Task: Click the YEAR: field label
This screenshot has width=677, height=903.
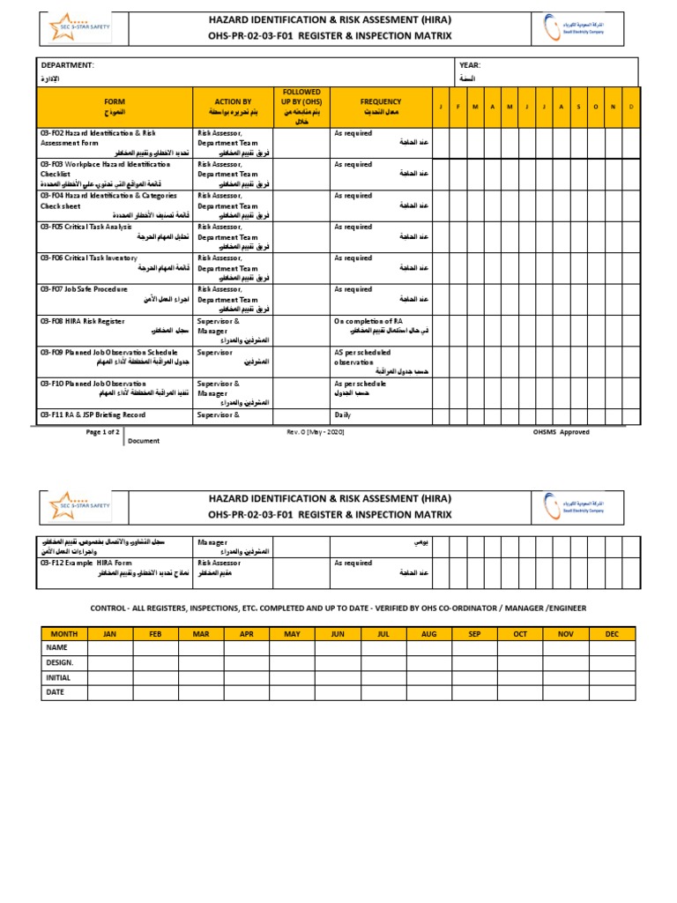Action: [470, 65]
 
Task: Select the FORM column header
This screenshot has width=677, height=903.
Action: [115, 102]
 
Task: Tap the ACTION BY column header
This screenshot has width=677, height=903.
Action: [233, 102]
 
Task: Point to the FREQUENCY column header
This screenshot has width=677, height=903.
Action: [380, 102]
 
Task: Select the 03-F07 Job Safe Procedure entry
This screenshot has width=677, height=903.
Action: [84, 289]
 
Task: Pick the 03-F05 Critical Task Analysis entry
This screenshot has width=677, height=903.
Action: [86, 227]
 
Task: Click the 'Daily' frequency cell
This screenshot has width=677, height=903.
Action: [343, 414]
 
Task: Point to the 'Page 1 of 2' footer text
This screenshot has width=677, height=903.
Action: [103, 432]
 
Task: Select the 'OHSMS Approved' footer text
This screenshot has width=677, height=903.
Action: [562, 432]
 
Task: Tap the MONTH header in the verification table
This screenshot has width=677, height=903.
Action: [63, 633]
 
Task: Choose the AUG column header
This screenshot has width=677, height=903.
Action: [429, 633]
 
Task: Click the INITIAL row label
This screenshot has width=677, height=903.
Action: [56, 677]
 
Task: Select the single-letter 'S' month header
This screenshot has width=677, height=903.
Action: [578, 107]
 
